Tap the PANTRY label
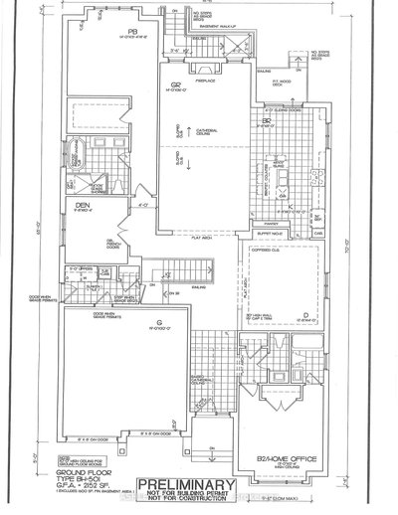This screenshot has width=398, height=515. coord(269,226)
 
